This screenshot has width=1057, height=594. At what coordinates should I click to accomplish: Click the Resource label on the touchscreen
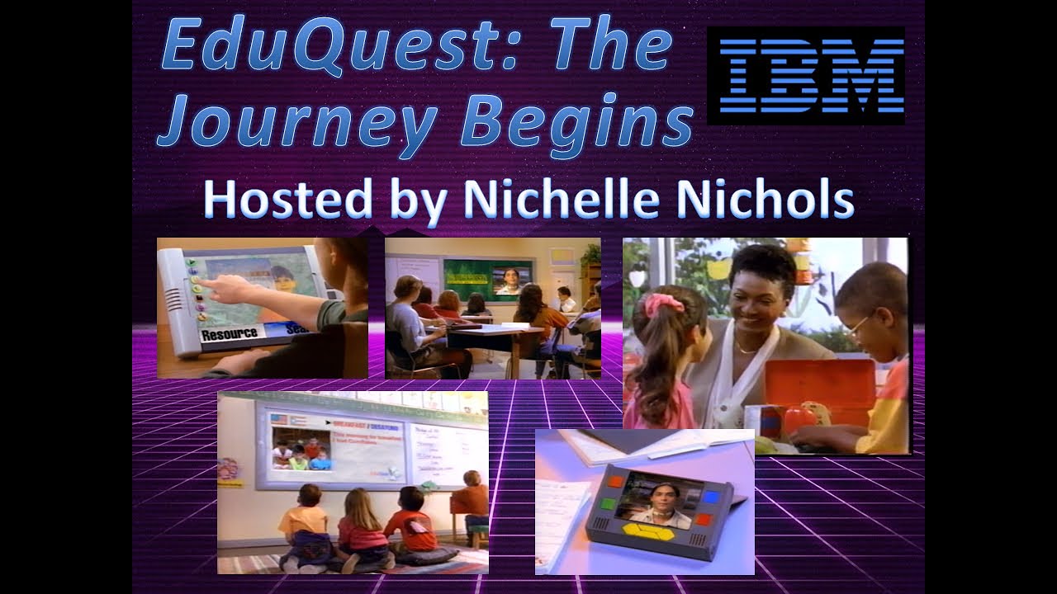[x=229, y=335]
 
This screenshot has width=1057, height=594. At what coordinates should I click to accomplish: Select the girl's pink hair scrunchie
[x=664, y=304]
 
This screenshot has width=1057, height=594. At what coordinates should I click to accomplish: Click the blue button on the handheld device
[x=711, y=496]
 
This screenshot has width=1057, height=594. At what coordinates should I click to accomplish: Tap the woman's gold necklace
[x=747, y=350]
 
